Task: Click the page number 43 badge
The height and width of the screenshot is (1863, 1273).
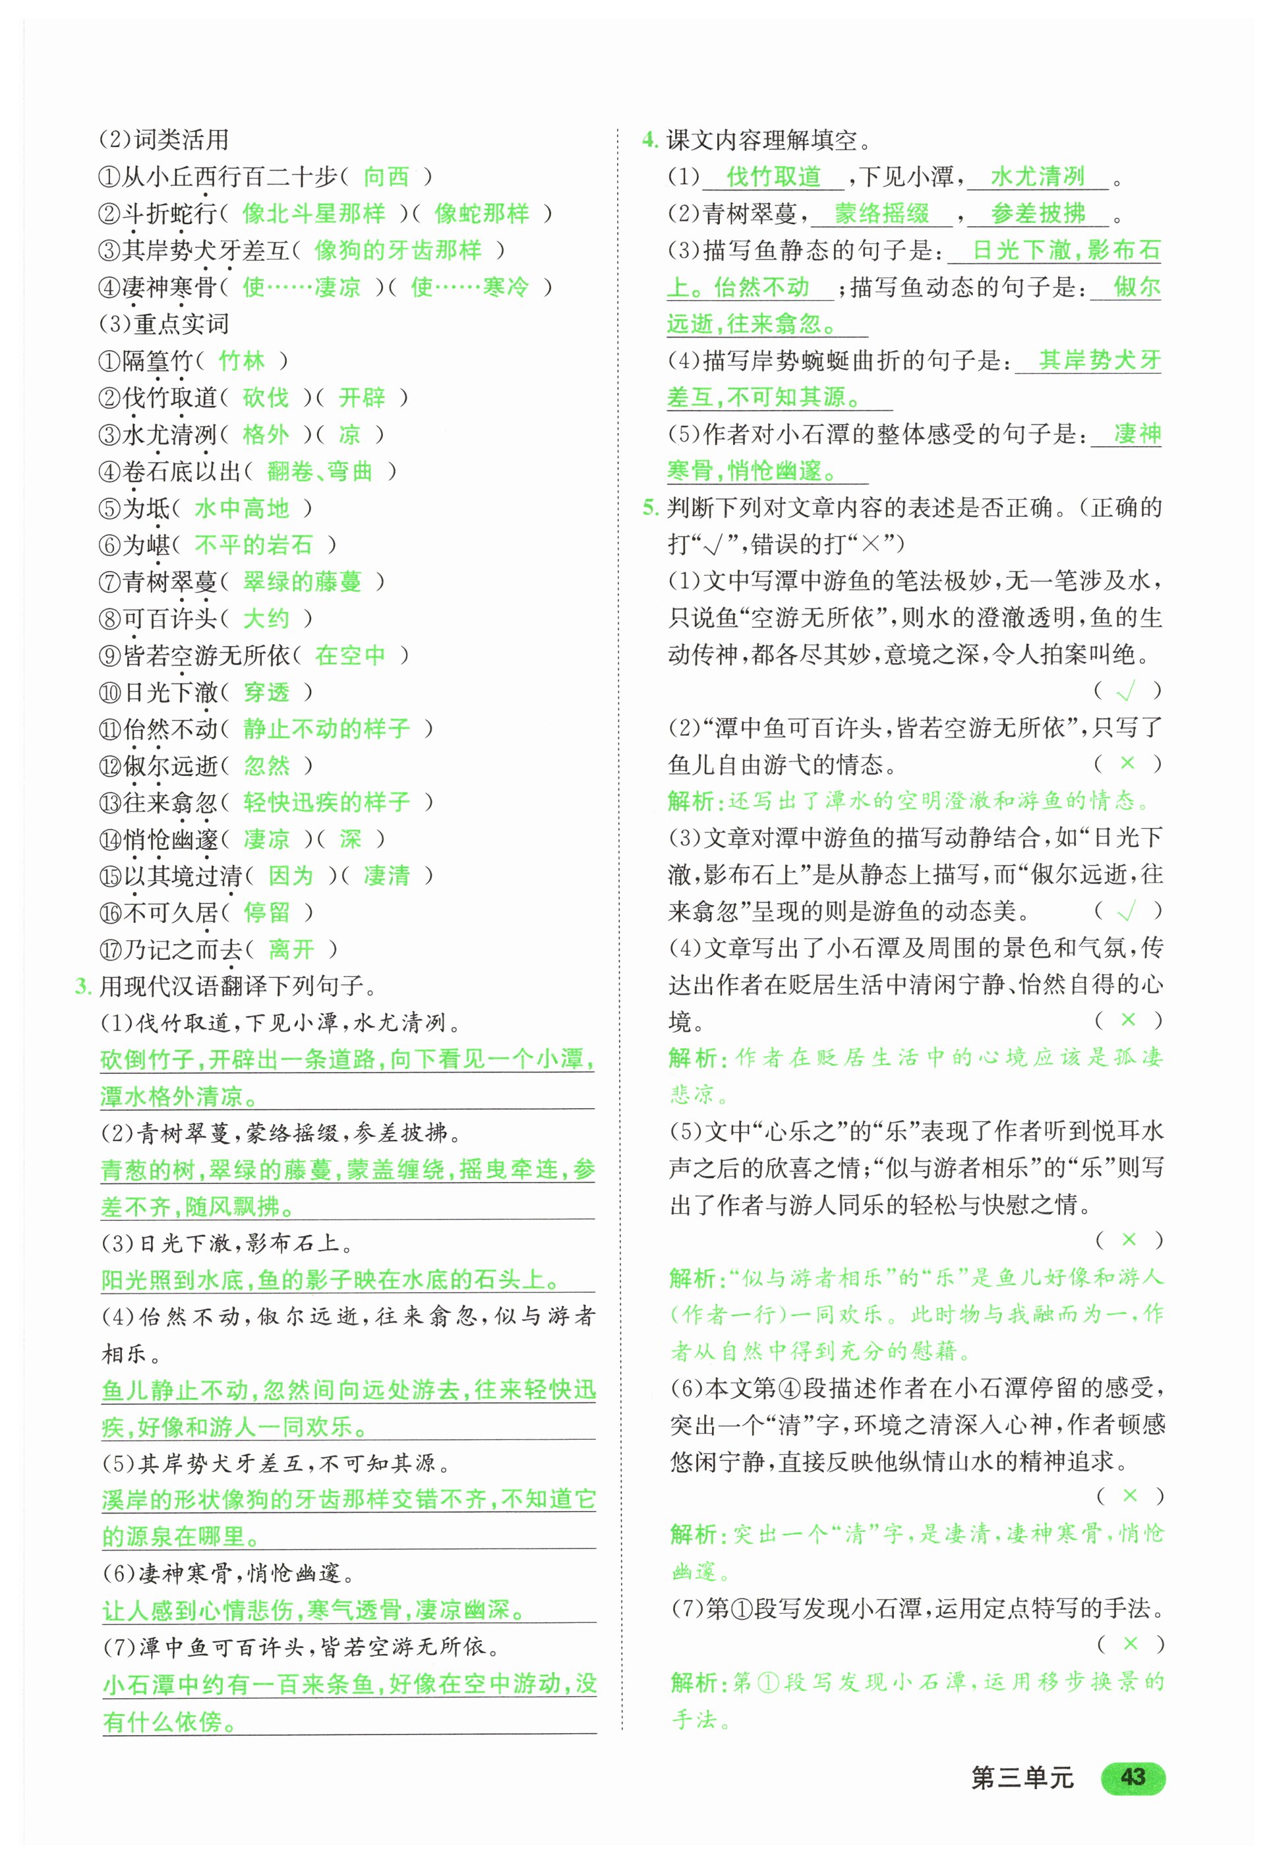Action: pyautogui.click(x=1132, y=1777)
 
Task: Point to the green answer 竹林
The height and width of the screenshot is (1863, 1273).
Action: pyautogui.click(x=241, y=361)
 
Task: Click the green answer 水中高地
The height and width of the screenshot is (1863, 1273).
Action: pyautogui.click(x=241, y=508)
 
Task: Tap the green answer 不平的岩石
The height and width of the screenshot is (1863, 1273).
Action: pyautogui.click(x=253, y=545)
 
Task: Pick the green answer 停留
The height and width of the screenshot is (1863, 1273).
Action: pyautogui.click(x=266, y=912)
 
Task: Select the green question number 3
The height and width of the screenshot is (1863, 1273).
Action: pyautogui.click(x=82, y=986)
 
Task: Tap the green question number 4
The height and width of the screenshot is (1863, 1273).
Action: pyautogui.click(x=649, y=140)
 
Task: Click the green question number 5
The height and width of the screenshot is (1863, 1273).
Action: pyautogui.click(x=649, y=508)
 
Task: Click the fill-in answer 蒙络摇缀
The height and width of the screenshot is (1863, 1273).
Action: pyautogui.click(x=882, y=213)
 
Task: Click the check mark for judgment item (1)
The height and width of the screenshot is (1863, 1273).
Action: pyautogui.click(x=1126, y=691)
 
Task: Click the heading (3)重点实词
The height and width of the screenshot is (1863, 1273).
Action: pyautogui.click(x=164, y=324)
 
